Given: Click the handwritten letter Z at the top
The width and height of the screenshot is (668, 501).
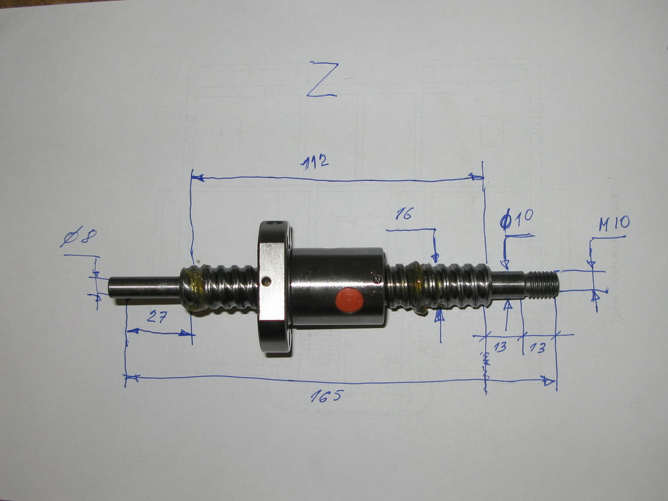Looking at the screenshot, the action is (322, 80).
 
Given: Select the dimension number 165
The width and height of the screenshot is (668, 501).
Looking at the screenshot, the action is (326, 396).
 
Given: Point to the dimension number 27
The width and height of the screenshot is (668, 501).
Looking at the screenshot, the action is (157, 316).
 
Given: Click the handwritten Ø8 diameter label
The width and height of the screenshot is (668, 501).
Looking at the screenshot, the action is (78, 238).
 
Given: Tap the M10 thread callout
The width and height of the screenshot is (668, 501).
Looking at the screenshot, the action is (614, 223).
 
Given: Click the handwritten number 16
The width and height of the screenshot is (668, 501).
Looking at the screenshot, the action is (404, 214).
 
